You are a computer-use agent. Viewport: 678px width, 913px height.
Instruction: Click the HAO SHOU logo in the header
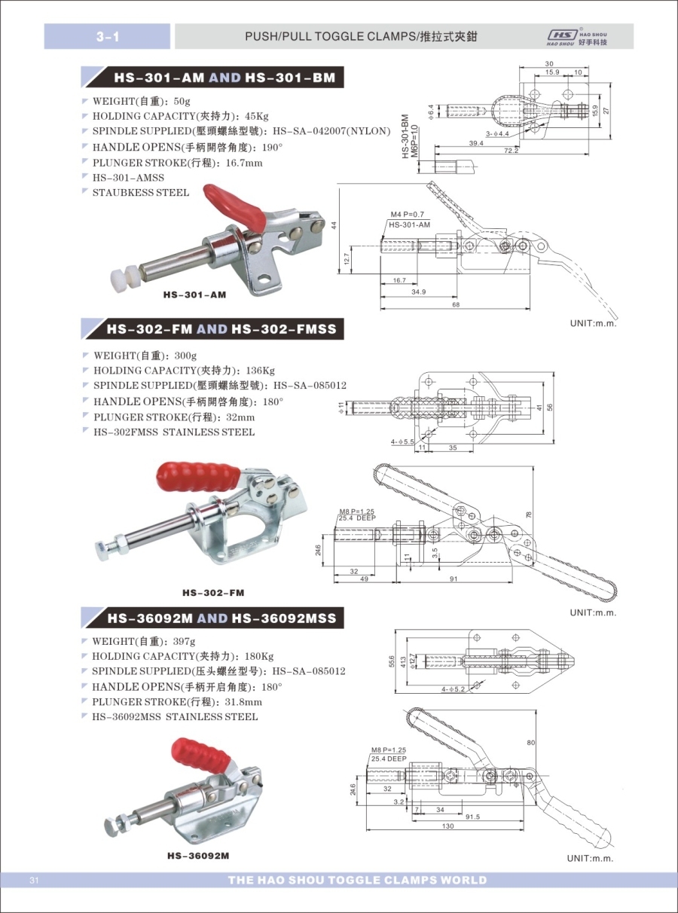tap(578, 37)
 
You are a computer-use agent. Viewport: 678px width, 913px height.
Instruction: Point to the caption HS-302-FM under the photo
tap(213, 594)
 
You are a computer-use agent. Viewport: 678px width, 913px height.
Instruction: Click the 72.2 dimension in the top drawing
tap(512, 151)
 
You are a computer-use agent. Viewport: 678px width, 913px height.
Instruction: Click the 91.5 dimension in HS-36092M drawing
tap(472, 817)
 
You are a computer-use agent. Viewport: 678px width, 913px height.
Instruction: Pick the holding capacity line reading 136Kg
tap(184, 370)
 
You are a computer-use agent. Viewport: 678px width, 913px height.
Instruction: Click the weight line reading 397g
tap(143, 641)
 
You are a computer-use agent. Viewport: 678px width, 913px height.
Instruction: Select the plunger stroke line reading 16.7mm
tap(177, 163)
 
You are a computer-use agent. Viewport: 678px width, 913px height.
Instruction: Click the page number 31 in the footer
tap(34, 881)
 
